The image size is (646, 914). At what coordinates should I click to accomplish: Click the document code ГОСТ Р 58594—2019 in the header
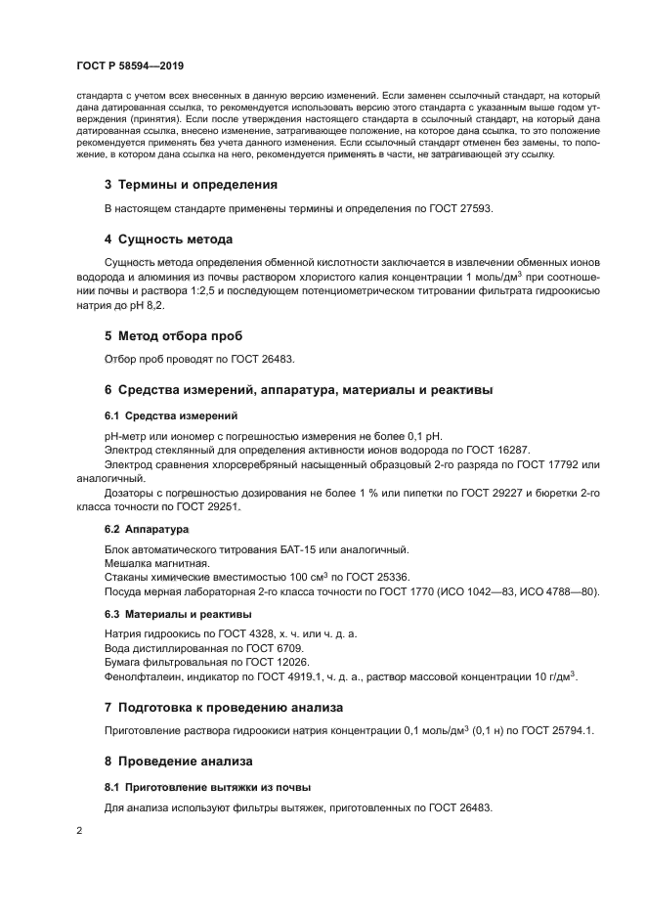(129, 66)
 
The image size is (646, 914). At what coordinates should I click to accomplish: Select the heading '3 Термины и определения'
(191, 184)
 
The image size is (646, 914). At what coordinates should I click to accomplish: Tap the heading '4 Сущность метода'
(168, 239)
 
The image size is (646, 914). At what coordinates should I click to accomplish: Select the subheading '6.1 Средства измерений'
(162, 415)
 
